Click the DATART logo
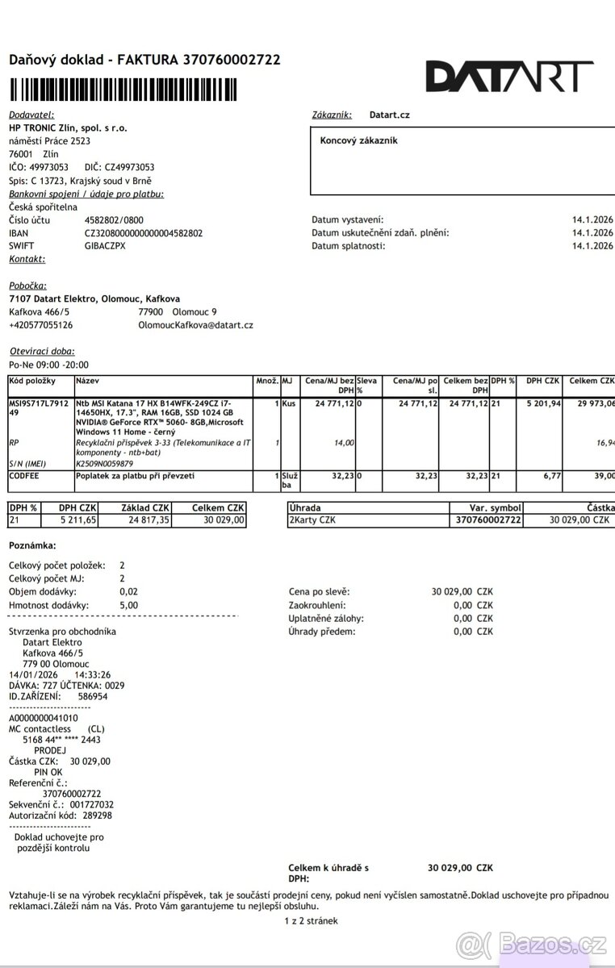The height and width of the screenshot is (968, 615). pyautogui.click(x=509, y=76)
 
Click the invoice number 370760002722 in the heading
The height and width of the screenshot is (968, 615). pyautogui.click(x=232, y=60)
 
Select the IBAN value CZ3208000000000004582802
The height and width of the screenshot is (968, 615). pyautogui.click(x=144, y=233)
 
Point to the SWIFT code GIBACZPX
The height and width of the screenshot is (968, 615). pyautogui.click(x=105, y=246)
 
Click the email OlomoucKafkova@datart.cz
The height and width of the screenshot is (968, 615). pyautogui.click(x=196, y=325)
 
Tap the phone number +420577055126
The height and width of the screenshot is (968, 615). pyautogui.click(x=40, y=325)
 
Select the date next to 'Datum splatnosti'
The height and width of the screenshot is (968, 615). pyautogui.click(x=592, y=246)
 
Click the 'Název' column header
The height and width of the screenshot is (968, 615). pyautogui.click(x=87, y=379)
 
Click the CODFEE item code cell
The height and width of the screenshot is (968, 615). pyautogui.click(x=24, y=476)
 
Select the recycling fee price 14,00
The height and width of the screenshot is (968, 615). pyautogui.click(x=344, y=442)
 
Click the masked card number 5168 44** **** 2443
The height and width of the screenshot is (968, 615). pyautogui.click(x=61, y=739)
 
